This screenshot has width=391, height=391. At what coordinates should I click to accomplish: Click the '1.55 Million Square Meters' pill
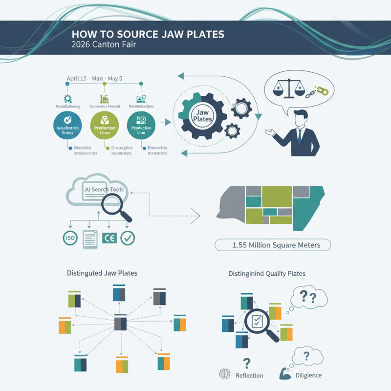(273, 245)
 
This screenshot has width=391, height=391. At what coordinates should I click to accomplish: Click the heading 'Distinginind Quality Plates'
(267, 274)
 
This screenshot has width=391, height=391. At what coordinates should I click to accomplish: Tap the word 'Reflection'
(249, 375)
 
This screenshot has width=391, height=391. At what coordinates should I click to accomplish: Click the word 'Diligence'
(309, 375)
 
